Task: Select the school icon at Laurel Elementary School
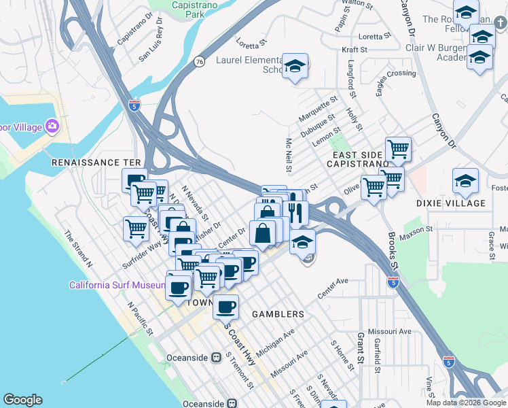tap(295, 67)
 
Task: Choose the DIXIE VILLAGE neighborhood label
tap(451, 203)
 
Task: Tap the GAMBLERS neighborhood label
tap(278, 314)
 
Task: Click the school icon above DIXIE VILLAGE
tap(465, 181)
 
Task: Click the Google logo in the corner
tap(22, 400)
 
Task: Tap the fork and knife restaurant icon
tap(295, 212)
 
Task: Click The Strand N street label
tap(78, 248)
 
